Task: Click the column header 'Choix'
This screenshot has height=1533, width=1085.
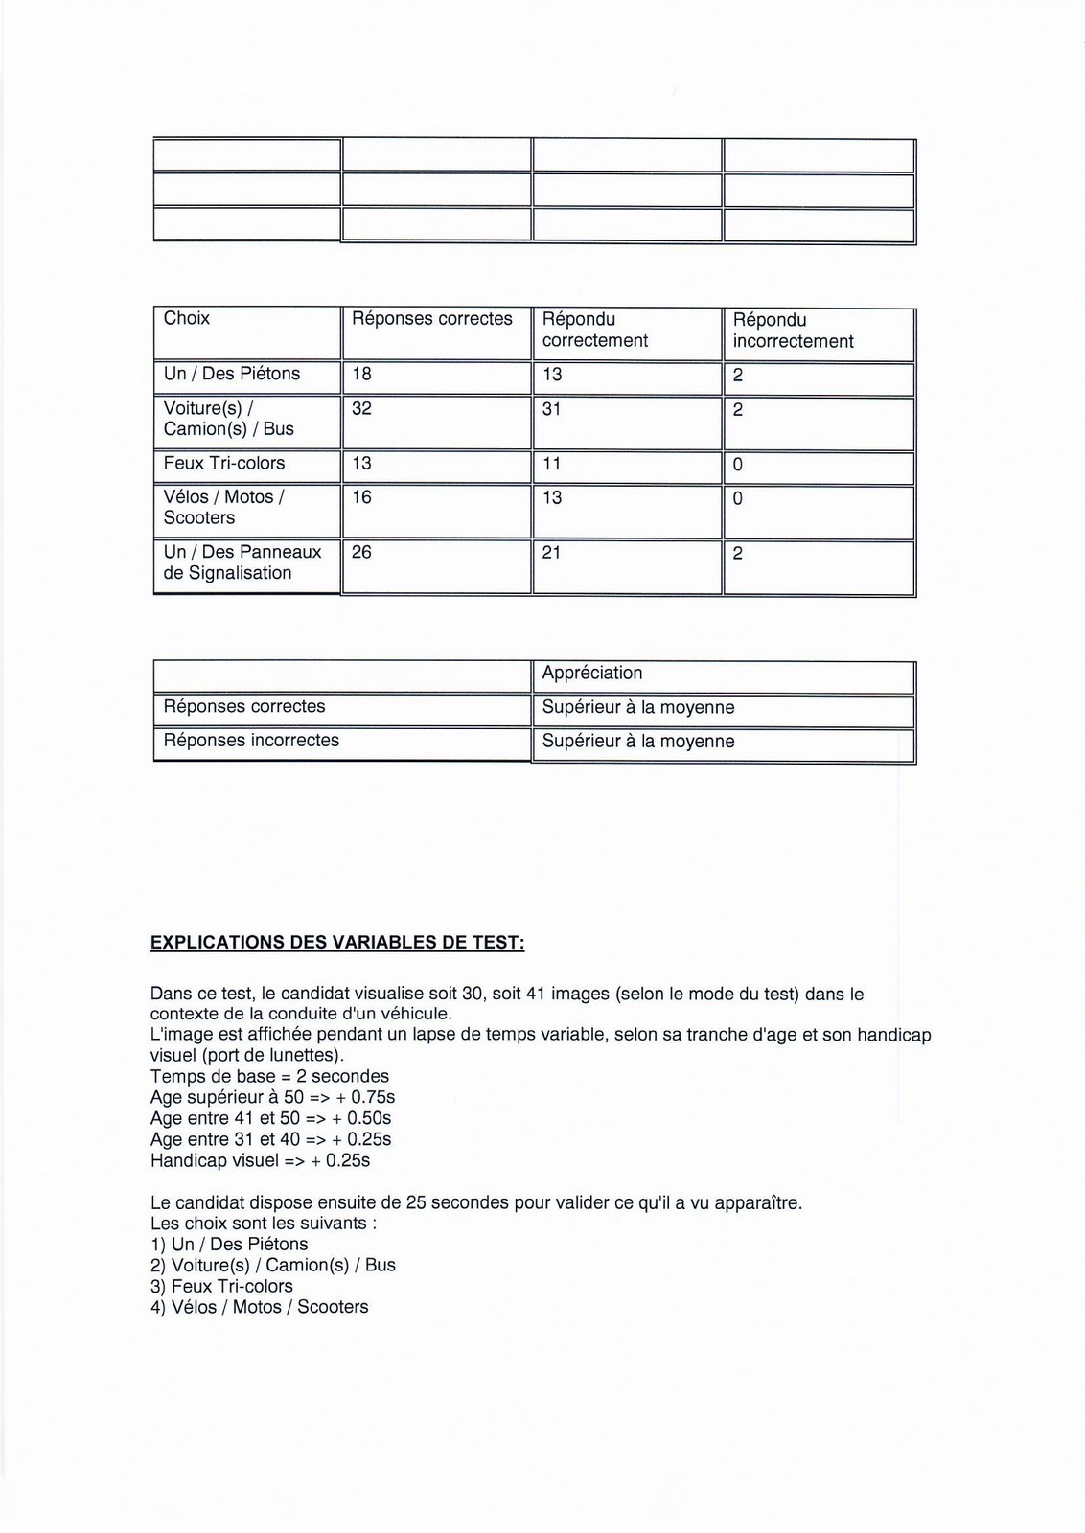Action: (x=187, y=318)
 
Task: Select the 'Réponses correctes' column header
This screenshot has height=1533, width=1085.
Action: (x=432, y=318)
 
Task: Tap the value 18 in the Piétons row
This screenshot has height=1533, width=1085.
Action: (x=361, y=374)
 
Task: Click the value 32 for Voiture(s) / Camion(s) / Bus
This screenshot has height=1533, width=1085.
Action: (x=361, y=408)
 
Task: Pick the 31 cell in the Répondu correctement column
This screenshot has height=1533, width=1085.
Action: (x=551, y=409)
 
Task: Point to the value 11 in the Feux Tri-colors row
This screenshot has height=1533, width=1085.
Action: (x=551, y=464)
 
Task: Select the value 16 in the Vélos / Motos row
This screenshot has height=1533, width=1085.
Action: (x=361, y=497)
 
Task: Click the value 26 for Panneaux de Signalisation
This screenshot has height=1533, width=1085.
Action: (x=361, y=552)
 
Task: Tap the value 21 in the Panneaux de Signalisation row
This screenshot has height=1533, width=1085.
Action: (x=551, y=553)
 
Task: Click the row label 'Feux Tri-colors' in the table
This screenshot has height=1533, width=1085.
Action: (x=224, y=463)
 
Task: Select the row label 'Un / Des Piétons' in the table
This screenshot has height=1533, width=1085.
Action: (x=232, y=374)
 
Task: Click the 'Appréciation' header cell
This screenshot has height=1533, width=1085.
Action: (x=592, y=673)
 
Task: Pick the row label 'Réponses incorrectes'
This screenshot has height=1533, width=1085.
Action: (x=251, y=740)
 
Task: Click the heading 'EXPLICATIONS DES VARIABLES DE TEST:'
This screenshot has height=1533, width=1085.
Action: (x=337, y=942)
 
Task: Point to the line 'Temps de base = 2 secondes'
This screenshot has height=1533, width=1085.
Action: (x=269, y=1076)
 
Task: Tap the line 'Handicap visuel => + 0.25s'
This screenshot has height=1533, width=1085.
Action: (x=260, y=1160)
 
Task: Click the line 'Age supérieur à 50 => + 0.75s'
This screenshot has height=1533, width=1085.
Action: (x=272, y=1097)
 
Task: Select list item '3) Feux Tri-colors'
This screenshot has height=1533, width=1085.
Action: (x=221, y=1286)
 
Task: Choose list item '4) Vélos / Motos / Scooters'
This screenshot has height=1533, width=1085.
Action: (x=259, y=1307)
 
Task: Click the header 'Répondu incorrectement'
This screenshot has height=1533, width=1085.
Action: (x=793, y=331)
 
